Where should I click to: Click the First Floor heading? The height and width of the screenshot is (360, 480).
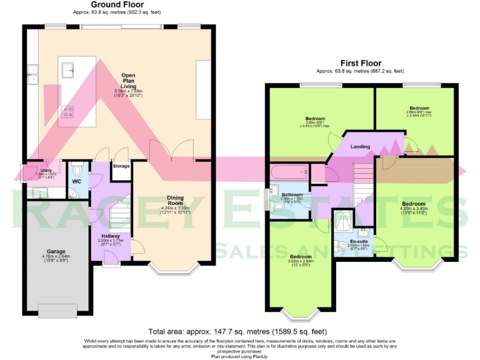361,63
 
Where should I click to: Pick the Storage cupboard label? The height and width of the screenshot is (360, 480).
121,167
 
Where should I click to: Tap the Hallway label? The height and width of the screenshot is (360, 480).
111,236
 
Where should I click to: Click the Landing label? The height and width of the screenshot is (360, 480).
360,147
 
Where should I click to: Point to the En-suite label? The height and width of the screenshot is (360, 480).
359,241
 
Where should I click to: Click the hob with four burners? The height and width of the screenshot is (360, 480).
67,112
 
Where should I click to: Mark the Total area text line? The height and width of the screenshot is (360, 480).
236,331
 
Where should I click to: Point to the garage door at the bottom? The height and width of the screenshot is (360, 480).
57,310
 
